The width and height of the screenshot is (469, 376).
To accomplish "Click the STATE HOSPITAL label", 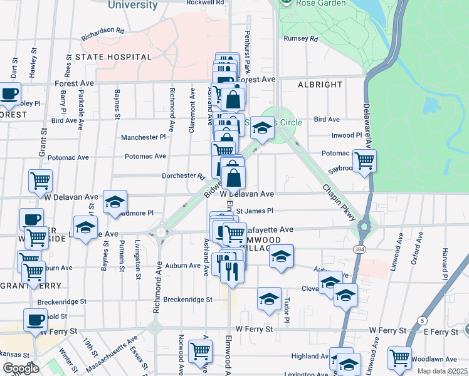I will [x=113, y=57].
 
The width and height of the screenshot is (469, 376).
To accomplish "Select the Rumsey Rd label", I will [x=301, y=39].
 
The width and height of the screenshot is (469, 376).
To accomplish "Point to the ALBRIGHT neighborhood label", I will [x=320, y=85].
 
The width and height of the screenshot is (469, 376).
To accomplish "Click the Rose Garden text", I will [x=322, y=3].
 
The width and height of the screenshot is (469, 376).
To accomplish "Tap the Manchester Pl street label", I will [x=143, y=137].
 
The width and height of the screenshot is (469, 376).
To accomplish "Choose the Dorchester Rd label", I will [x=184, y=176].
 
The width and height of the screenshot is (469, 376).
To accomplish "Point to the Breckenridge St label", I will [x=187, y=300].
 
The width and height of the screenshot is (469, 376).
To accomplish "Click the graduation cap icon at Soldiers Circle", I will [x=262, y=128].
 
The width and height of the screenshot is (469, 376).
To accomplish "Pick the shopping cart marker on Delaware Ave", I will [x=364, y=160].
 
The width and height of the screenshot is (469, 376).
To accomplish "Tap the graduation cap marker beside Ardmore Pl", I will [x=115, y=202].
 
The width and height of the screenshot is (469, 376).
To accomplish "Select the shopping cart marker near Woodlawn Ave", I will [x=399, y=358].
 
